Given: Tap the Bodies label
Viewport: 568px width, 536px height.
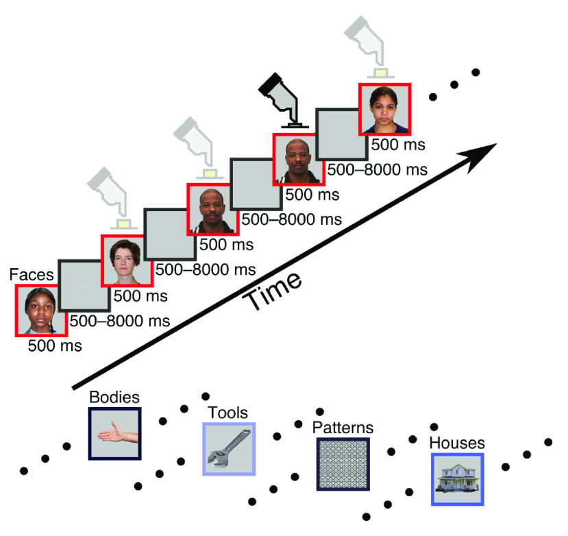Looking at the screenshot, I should tap(114, 398).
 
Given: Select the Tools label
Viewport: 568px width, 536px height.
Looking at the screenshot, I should tap(228, 413).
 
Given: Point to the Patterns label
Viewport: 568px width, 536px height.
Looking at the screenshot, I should tap(343, 428).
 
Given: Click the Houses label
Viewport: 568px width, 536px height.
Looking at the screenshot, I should tap(457, 443).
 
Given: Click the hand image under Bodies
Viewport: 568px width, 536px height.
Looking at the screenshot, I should tap(115, 434).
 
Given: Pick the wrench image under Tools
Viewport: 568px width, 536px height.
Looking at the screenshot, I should tap(229, 449).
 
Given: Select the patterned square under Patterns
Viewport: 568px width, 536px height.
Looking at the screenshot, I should tap(343, 465).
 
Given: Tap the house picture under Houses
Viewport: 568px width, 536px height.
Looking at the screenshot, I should tap(457, 479).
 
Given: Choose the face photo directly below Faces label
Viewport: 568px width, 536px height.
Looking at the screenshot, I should tap(41, 310).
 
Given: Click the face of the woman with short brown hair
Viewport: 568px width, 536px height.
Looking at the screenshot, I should tap(127, 260).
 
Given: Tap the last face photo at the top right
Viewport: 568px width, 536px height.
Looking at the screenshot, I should tap(384, 108).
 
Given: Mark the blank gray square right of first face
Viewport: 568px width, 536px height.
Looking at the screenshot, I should tap(84, 286).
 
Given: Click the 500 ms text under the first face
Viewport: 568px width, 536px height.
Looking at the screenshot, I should tap(54, 346).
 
